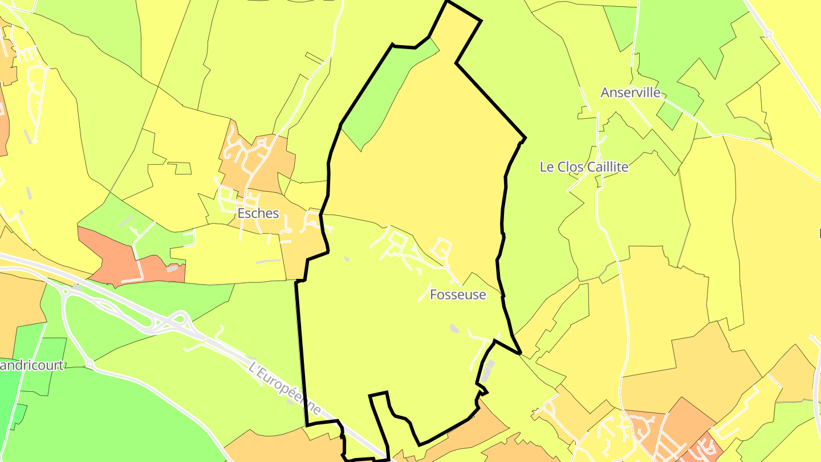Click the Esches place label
point(258,213)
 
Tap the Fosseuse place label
point(458,295)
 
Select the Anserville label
point(631,92)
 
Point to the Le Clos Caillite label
point(584,167)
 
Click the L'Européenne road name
point(285,388)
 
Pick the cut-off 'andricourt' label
point(31,365)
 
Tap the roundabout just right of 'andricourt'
point(89,363)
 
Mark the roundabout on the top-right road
point(768,34)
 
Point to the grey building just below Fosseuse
point(454,328)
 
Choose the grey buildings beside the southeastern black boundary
point(489,371)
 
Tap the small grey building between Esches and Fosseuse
point(347,259)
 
